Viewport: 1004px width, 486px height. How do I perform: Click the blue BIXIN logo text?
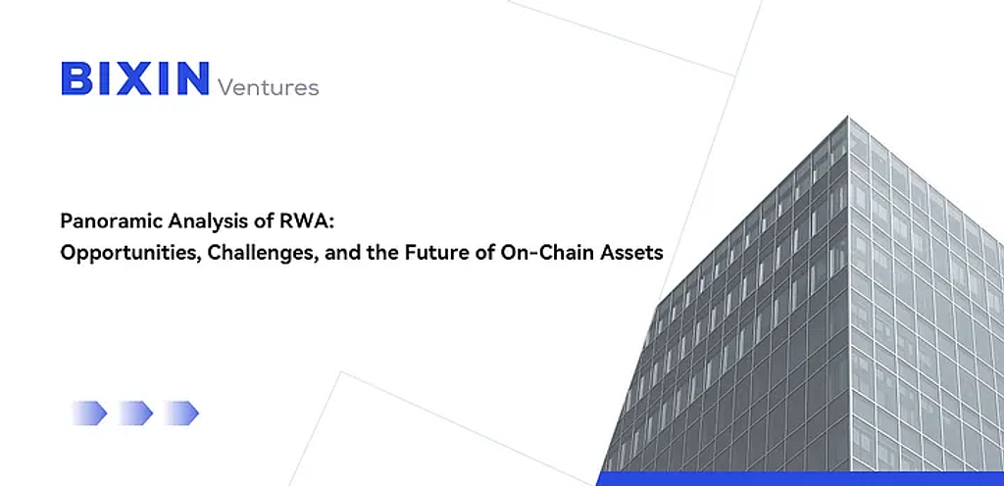(x=135, y=78)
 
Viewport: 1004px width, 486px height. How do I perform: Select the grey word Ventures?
(x=269, y=86)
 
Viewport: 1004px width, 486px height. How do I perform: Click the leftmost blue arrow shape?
(x=89, y=413)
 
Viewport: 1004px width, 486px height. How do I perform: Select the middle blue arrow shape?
(x=134, y=413)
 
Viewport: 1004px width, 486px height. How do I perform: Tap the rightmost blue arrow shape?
(x=180, y=413)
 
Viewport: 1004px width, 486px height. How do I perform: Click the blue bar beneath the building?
(x=800, y=479)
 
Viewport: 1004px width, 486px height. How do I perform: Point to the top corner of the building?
(x=848, y=116)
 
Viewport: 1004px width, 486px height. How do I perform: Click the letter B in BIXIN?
(x=76, y=78)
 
